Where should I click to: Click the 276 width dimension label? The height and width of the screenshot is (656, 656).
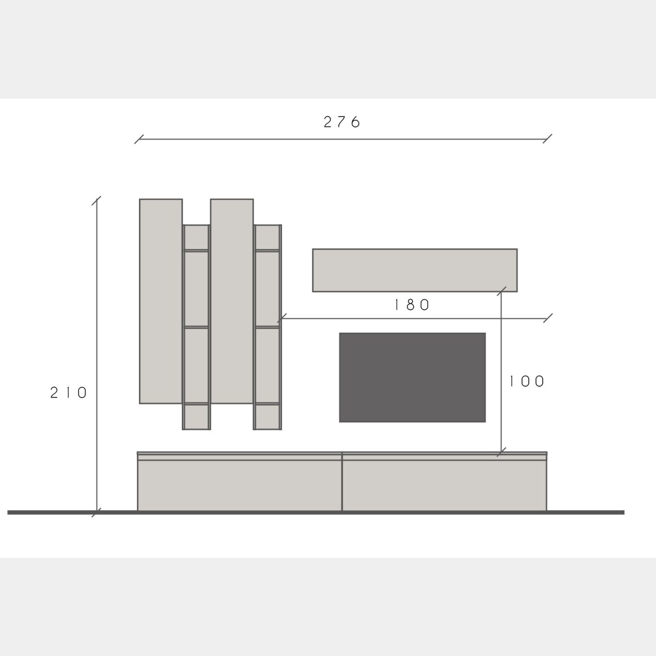point(341,122)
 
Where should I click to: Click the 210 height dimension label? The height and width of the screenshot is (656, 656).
point(68,393)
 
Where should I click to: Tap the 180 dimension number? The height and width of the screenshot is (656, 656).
point(412,305)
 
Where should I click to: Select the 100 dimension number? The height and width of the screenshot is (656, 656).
point(527,382)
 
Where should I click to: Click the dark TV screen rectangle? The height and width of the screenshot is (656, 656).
point(412,378)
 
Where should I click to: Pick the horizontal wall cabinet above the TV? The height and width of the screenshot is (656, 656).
point(415,270)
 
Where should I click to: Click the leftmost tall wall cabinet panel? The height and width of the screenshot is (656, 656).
point(161,301)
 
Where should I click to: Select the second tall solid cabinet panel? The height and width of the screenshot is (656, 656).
point(232,301)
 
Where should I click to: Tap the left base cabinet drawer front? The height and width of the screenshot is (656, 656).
point(240,486)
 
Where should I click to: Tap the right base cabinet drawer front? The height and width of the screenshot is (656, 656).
point(444,486)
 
